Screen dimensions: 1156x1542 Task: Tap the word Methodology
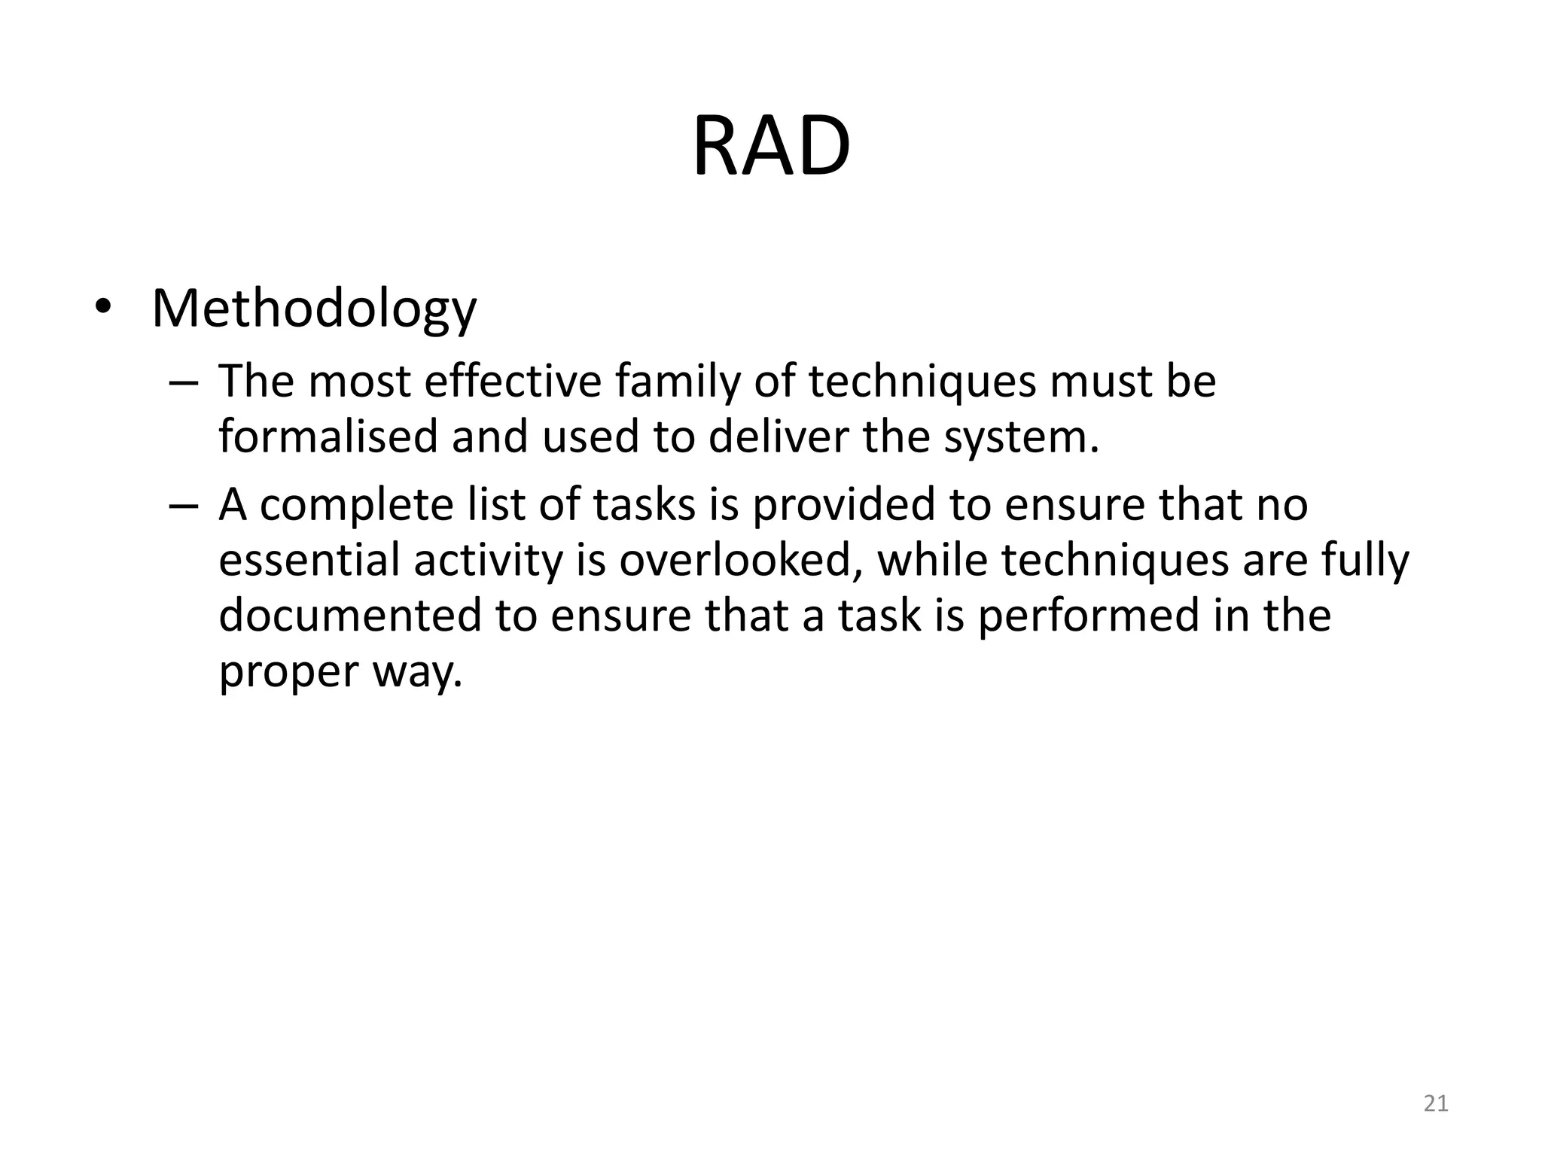click(x=314, y=309)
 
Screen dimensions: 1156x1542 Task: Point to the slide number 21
click(x=1436, y=1103)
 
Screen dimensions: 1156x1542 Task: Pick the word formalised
click(x=328, y=437)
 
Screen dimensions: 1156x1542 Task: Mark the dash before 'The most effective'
click(x=183, y=382)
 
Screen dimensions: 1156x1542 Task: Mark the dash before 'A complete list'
click(x=183, y=506)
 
